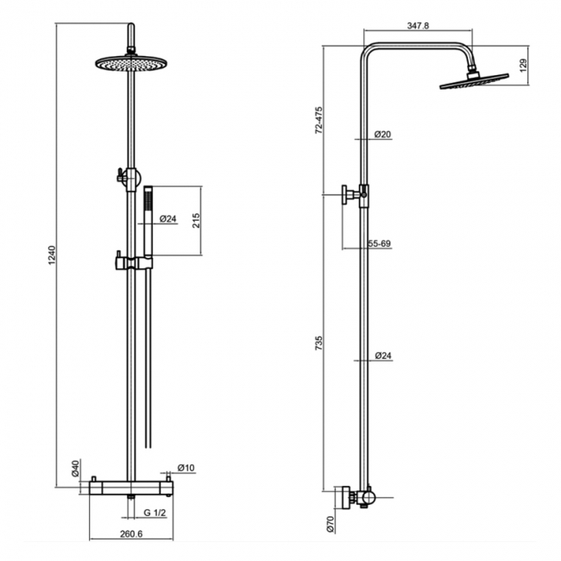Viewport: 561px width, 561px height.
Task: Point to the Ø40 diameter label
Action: pyautogui.click(x=77, y=469)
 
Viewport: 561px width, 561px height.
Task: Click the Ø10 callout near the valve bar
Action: pyautogui.click(x=187, y=469)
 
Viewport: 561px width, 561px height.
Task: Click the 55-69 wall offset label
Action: pyautogui.click(x=379, y=245)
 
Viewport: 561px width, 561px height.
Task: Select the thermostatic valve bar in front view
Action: pyautogui.click(x=131, y=489)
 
